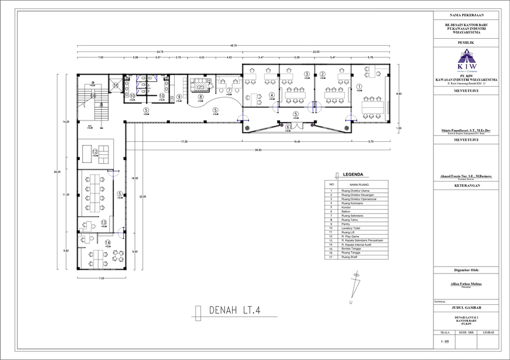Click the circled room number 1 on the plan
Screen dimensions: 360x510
tap(359, 87)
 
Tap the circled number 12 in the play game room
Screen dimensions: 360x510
tap(95, 152)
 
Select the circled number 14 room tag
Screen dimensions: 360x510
tap(108, 242)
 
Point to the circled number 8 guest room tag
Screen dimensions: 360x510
tap(200, 97)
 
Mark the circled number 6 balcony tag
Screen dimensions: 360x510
tap(287, 127)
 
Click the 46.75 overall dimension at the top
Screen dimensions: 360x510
tap(234, 46)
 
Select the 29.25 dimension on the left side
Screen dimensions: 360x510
tap(57, 172)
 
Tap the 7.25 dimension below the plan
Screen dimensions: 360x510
tap(100, 278)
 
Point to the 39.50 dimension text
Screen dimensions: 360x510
tap(258, 150)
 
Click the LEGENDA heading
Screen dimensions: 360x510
tap(353, 174)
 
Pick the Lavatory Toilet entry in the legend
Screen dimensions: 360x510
tap(351, 228)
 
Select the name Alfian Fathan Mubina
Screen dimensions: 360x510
tap(466, 284)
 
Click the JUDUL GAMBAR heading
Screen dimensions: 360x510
tap(466, 307)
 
